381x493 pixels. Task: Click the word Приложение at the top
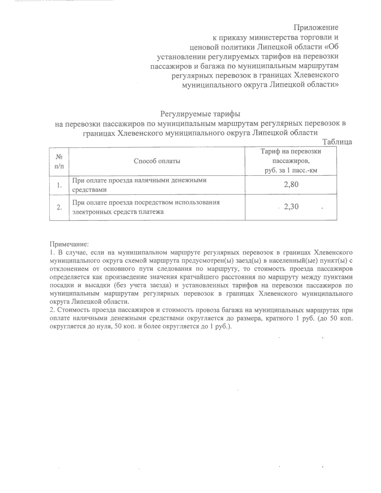316,27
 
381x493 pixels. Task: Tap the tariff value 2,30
291,207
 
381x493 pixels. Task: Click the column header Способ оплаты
157,161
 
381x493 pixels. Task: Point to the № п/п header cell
59,161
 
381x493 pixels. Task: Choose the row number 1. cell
59,185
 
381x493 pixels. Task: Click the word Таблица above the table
337,142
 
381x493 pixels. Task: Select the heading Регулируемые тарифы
200,113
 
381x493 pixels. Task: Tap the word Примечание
68,244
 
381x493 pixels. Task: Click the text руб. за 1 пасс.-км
291,170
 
